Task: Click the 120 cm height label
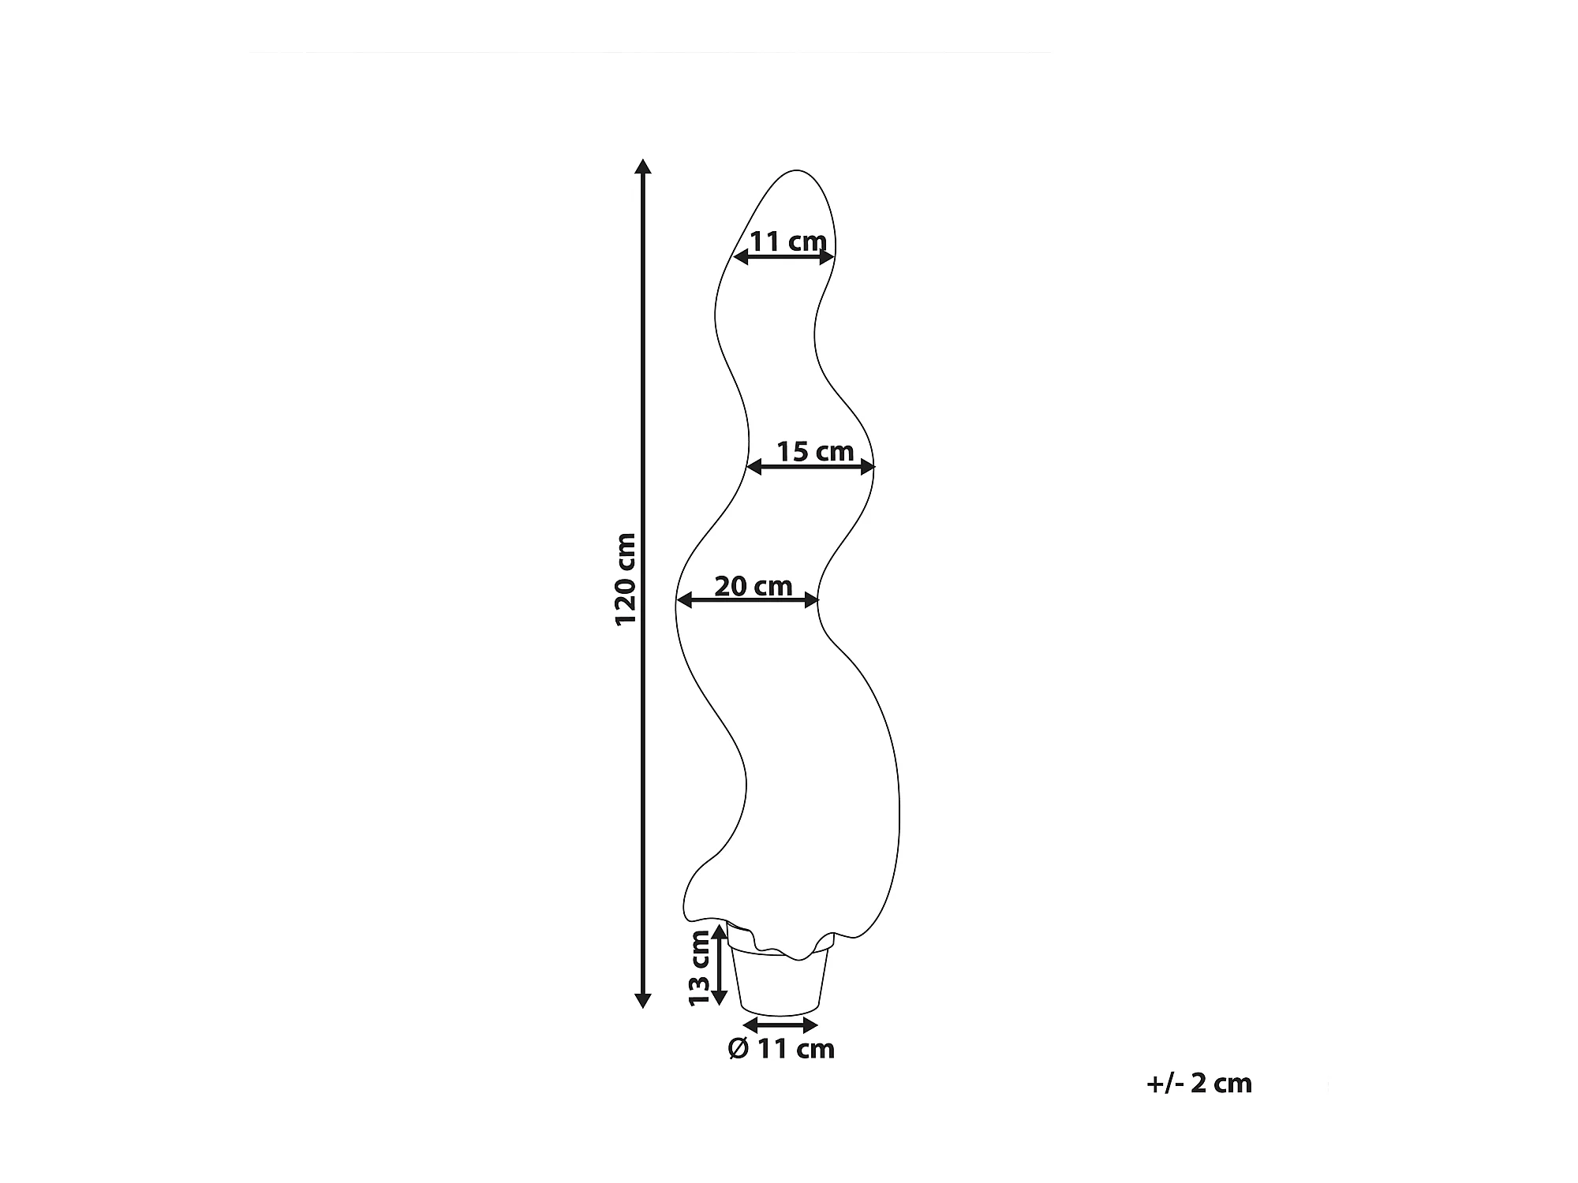point(626,579)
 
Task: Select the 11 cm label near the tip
point(787,241)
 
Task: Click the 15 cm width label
point(815,452)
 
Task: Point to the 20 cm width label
point(753,586)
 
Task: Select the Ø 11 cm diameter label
point(780,1049)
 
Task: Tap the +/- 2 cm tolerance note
point(1198,1083)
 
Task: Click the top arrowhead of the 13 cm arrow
point(718,933)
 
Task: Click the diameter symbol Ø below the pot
point(739,1049)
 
